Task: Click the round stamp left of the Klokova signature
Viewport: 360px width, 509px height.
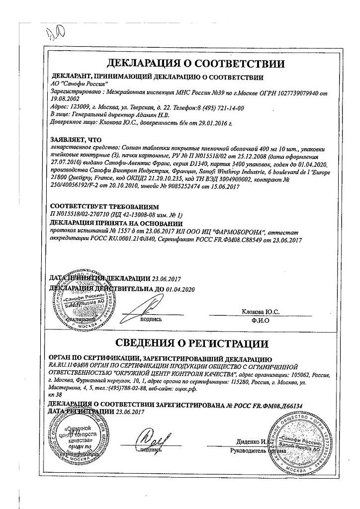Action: (73, 304)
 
